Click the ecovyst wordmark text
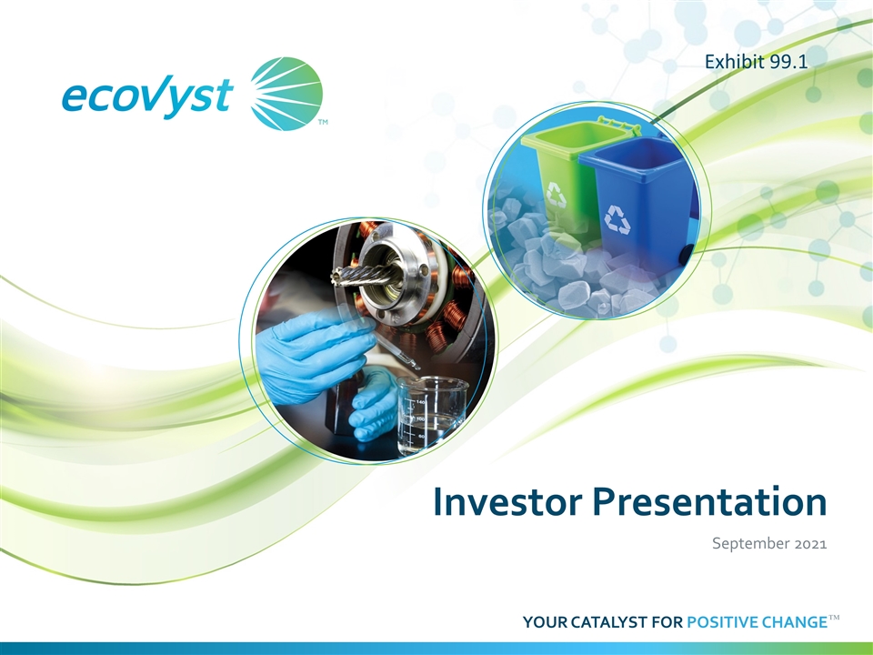pos(146,96)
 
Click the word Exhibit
pos(726,61)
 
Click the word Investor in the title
pos(507,501)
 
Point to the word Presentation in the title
pos(710,501)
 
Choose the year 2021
pos(810,544)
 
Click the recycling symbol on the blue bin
pos(617,218)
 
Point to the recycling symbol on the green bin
pos(556,195)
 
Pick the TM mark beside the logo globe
pos(322,122)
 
